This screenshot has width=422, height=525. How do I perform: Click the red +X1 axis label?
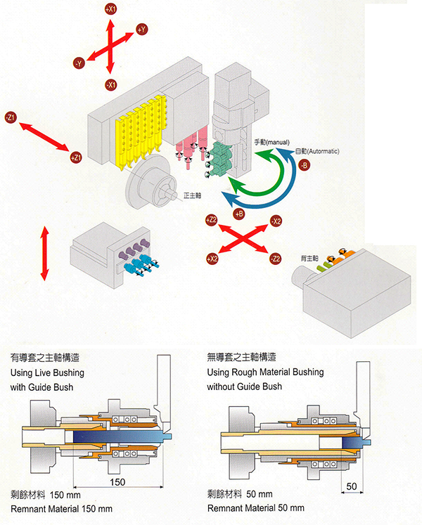(x=110, y=10)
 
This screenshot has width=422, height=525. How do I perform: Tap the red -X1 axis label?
(x=110, y=84)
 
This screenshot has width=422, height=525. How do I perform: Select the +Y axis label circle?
(x=141, y=30)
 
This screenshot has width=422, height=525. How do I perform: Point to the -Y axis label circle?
(x=79, y=63)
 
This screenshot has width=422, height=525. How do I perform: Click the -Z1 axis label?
(x=11, y=116)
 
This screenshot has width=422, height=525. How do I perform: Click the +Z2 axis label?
(x=211, y=221)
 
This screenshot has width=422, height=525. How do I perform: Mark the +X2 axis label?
(x=212, y=259)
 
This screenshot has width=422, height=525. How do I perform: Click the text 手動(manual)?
(x=271, y=143)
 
